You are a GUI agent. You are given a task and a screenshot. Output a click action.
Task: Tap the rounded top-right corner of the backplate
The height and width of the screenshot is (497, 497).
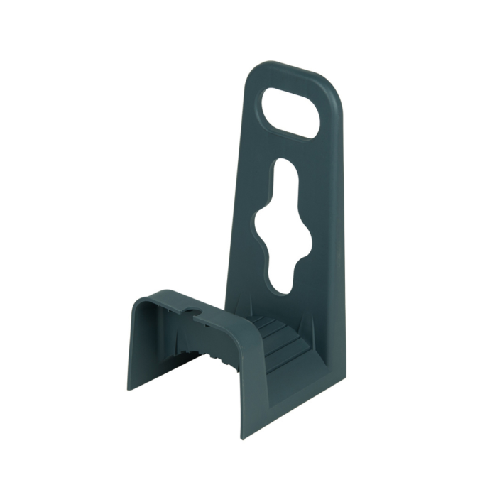click(334, 89)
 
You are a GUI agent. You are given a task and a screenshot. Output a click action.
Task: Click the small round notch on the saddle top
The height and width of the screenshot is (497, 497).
click(190, 311)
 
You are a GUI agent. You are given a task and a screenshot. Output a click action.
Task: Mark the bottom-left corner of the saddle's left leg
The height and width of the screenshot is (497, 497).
click(129, 387)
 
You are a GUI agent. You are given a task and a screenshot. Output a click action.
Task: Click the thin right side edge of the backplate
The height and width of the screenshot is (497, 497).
click(342, 248)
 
